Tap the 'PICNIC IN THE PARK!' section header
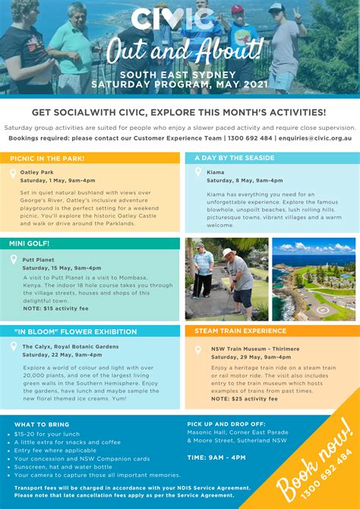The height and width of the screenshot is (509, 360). [x=47, y=159]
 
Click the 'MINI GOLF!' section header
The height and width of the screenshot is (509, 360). [x=30, y=244]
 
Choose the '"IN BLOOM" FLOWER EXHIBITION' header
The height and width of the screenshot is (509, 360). [x=66, y=332]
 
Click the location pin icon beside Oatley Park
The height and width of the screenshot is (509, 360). [x=13, y=173]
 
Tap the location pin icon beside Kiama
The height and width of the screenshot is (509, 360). [x=197, y=173]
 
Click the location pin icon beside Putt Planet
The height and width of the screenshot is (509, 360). [x=14, y=259]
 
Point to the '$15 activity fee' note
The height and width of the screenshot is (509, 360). [x=55, y=308]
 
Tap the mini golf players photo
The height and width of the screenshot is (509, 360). [x=226, y=278]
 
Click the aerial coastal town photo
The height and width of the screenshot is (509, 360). [x=313, y=278]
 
